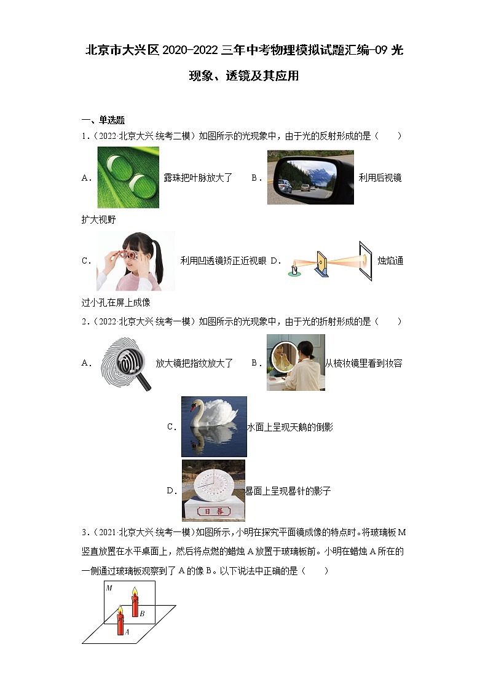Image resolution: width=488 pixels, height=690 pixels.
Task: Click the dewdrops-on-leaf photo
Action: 128,177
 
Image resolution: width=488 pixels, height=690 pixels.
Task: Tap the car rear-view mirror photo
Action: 310,177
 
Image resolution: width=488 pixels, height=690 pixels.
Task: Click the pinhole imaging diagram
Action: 329,261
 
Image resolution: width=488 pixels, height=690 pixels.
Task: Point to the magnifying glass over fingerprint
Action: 126,363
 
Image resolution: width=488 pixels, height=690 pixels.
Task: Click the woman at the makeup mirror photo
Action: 295,363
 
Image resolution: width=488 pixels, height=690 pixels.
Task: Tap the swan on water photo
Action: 213,426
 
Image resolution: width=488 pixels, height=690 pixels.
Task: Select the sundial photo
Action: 213,490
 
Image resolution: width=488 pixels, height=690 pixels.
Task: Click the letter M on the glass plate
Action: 108,588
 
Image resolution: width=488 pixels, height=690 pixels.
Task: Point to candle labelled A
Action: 121,621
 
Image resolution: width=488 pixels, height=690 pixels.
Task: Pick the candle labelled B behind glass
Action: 135,602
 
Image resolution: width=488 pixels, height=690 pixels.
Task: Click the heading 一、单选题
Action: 103,120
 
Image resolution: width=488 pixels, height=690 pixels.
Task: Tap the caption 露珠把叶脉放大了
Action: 198,178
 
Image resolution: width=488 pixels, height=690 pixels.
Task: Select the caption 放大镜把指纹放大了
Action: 194,363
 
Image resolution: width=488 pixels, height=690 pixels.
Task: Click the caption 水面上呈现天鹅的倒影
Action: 289,427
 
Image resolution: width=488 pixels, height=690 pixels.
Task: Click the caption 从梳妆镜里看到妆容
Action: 363,363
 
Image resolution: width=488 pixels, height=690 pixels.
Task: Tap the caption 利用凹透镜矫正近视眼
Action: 223,261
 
